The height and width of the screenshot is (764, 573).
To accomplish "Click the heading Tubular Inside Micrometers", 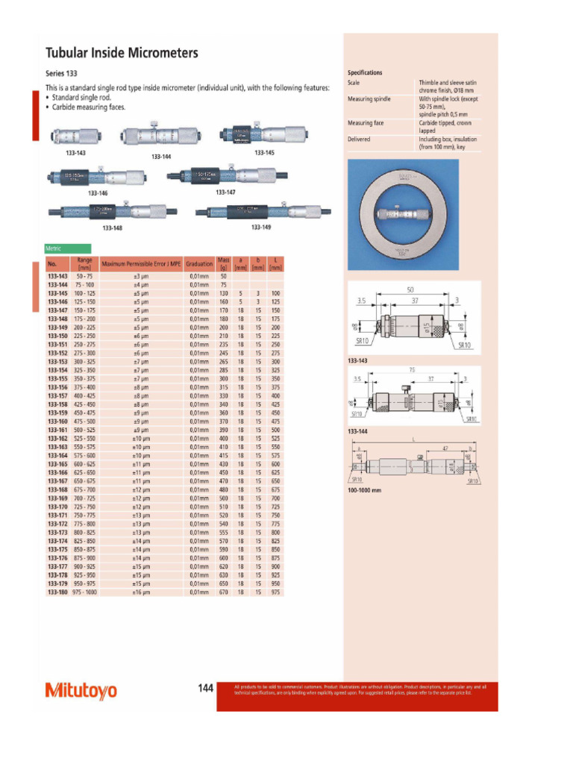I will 122,53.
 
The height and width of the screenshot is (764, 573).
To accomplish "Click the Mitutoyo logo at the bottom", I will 81,690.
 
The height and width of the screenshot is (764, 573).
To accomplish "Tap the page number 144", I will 206,689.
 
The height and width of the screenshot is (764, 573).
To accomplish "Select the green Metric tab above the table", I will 68,248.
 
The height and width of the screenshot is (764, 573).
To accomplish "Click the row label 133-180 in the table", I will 57,592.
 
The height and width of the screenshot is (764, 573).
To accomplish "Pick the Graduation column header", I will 199,264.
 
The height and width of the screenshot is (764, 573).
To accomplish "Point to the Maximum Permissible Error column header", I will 142,264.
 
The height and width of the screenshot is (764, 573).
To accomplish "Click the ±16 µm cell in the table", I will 142,592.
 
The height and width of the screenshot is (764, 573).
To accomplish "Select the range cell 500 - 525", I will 84,430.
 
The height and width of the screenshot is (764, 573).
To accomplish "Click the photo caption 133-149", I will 260,227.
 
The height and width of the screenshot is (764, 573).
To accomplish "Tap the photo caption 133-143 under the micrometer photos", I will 75,153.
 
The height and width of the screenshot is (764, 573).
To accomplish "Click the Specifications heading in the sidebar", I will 365,72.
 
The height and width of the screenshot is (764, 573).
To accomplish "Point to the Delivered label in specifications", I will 359,139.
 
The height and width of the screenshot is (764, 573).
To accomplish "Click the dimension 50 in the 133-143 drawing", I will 410,289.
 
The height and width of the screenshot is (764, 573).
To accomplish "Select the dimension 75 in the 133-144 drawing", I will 411,369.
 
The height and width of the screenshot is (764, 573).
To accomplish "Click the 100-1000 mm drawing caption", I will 364,490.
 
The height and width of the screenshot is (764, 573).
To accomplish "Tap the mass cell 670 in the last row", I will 223,592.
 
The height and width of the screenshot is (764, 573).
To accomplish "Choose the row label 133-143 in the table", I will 57,276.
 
